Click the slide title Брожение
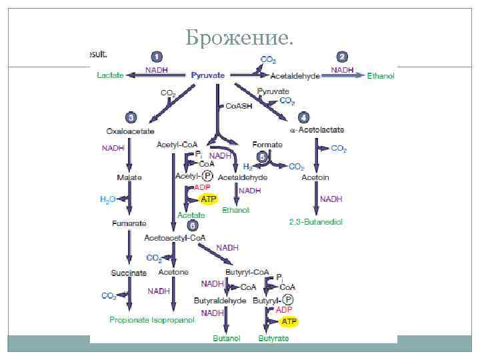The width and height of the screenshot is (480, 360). click(239, 39)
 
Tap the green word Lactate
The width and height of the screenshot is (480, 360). click(110, 75)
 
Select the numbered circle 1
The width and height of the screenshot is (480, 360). click(156, 57)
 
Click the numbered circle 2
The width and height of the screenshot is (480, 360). click(342, 57)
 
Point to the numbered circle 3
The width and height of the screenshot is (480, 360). click(131, 117)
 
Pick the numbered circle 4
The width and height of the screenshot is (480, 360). click(303, 117)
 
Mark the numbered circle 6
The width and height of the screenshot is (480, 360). click(191, 225)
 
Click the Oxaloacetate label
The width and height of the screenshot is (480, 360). click(127, 131)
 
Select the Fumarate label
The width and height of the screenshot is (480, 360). click(127, 224)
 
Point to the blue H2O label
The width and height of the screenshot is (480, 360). click(107, 199)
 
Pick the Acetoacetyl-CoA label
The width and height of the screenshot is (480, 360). click(175, 237)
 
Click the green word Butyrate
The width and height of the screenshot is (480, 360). click(274, 338)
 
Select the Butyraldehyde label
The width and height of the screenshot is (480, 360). click(217, 301)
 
